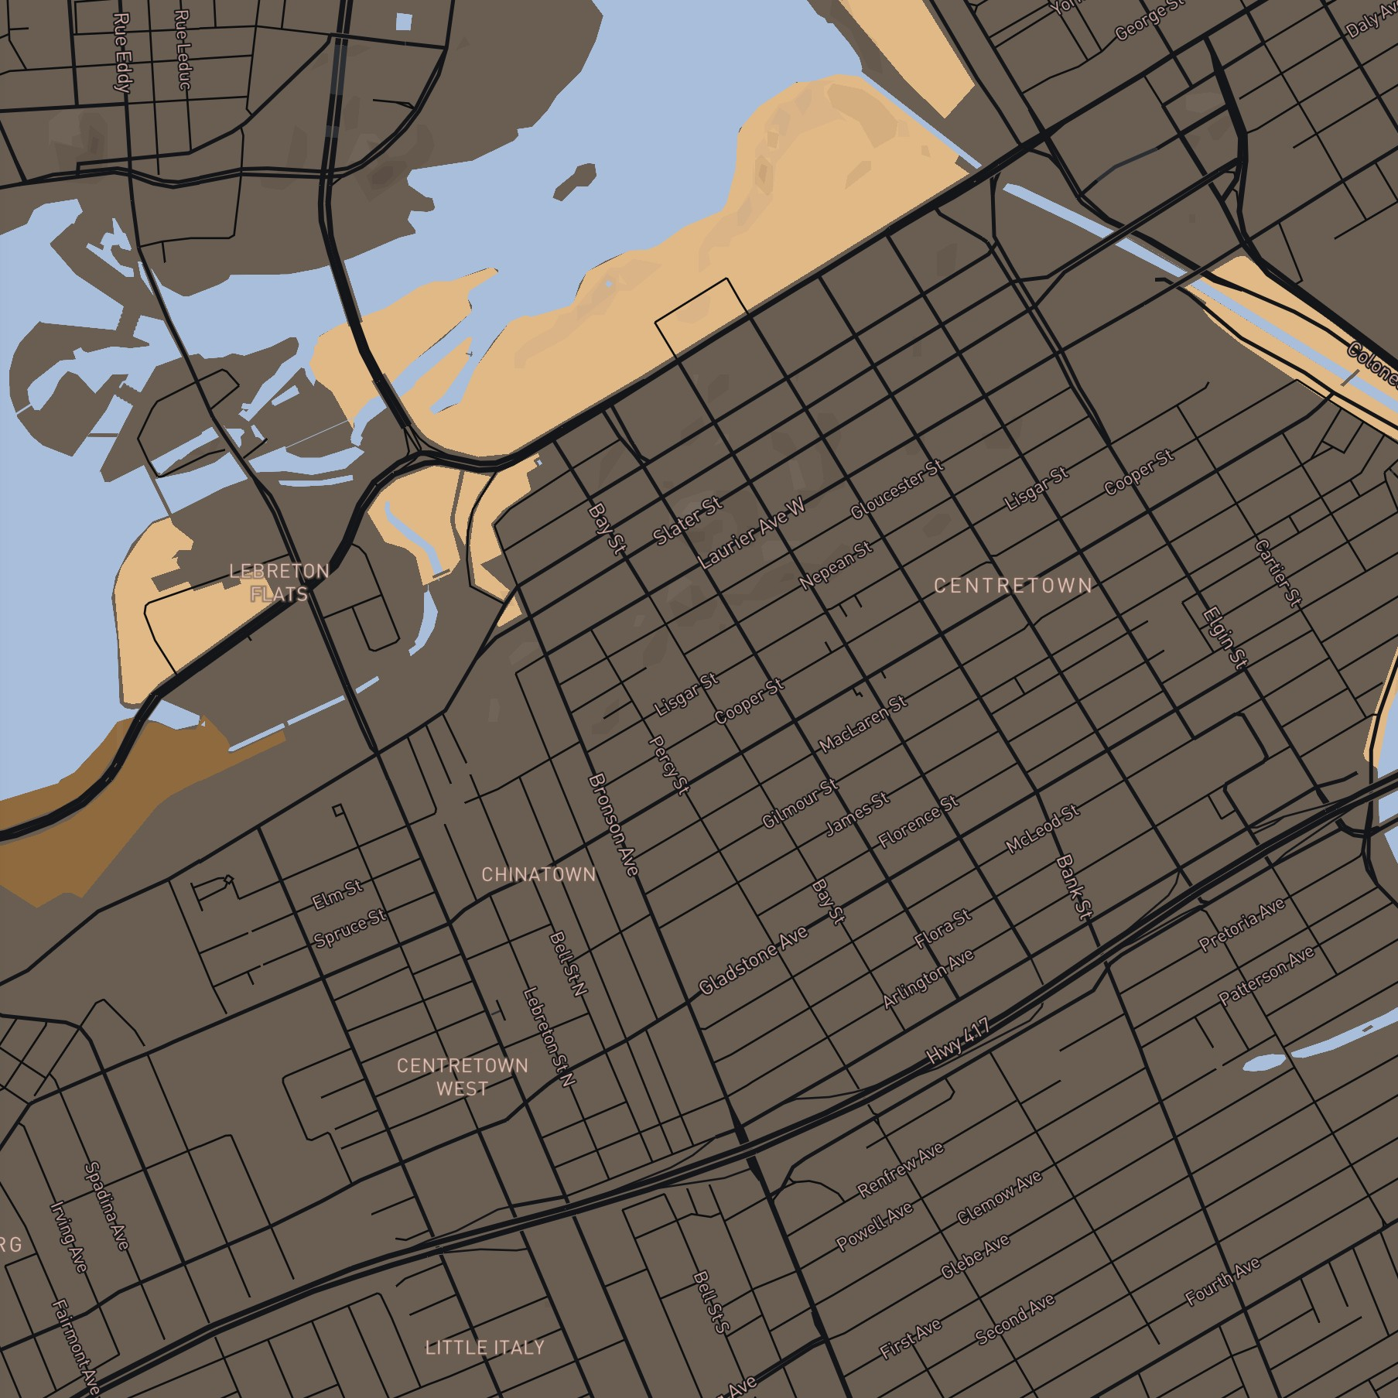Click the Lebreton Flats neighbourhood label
pos(279,583)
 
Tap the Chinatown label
pos(538,874)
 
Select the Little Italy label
pos(485,1347)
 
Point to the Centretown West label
pos(462,1077)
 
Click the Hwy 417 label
pos(959,1042)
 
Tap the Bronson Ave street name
pos(614,825)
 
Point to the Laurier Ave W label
pos(752,534)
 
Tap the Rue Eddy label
pos(122,52)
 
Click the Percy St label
pos(668,764)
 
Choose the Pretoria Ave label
pos(1242,925)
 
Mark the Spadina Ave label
pos(107,1205)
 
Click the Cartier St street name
pos(1277,573)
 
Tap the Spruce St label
pos(350,928)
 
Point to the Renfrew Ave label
pos(901,1170)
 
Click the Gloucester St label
pos(897,489)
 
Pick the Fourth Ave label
pos(1223,1281)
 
